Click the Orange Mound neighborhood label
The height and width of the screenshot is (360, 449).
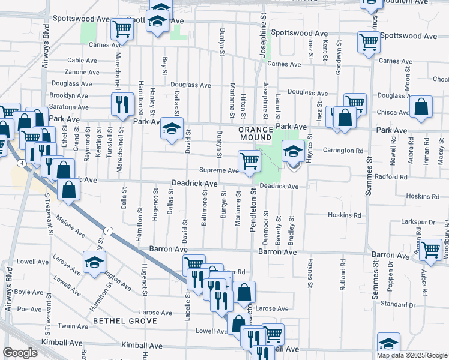[x=256, y=134]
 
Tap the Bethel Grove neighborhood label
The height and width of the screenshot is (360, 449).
[x=125, y=321]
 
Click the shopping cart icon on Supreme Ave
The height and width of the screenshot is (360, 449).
[x=249, y=160]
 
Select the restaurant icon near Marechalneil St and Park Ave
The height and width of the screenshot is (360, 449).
[x=122, y=104]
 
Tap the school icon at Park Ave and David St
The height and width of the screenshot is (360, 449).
[x=172, y=129]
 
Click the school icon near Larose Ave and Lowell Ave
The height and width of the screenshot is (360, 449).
[x=94, y=263]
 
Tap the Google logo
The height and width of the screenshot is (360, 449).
[x=20, y=353]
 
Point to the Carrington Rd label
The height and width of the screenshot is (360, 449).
[x=343, y=151]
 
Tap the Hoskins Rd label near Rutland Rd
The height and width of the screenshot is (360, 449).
[x=345, y=215]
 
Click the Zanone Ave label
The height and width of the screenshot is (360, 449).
[x=82, y=72]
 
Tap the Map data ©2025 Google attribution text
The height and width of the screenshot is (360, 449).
[x=411, y=355]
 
